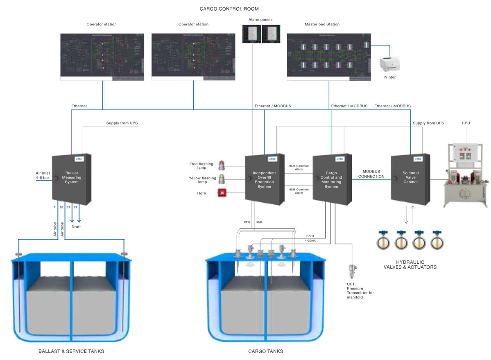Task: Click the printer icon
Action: (x=389, y=64)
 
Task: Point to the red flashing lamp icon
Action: (x=222, y=165)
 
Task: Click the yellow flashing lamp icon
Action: (x=222, y=179)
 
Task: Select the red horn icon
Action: (x=222, y=193)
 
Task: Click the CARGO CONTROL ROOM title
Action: (x=229, y=9)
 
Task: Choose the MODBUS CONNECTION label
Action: (x=371, y=174)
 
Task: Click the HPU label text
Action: (x=466, y=123)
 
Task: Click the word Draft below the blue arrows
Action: (x=76, y=226)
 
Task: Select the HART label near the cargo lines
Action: (x=310, y=236)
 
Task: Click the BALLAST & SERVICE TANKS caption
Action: (x=71, y=351)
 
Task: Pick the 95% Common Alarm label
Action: (x=299, y=168)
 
